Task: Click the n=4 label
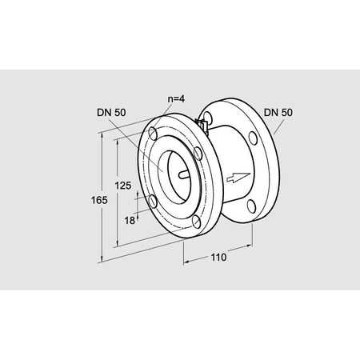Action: (x=176, y=99)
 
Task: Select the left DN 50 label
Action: (x=111, y=112)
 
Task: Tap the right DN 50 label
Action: (x=278, y=112)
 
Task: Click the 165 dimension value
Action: (x=99, y=200)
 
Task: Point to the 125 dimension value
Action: (x=123, y=186)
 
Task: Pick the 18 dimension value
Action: (x=130, y=221)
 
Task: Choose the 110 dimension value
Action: (x=218, y=258)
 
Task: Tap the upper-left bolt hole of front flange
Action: (x=153, y=134)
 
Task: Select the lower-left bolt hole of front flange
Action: (x=153, y=202)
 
